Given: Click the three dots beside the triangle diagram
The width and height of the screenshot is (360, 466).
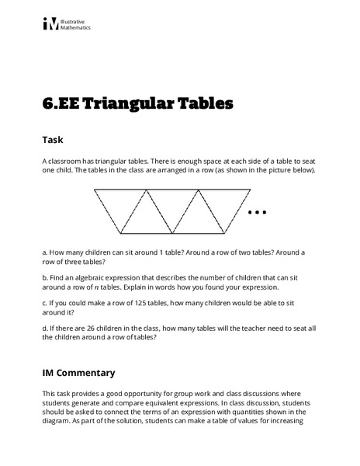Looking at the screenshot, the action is coord(257,211).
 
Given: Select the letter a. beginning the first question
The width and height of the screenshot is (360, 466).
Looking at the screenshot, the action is coord(45,252).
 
